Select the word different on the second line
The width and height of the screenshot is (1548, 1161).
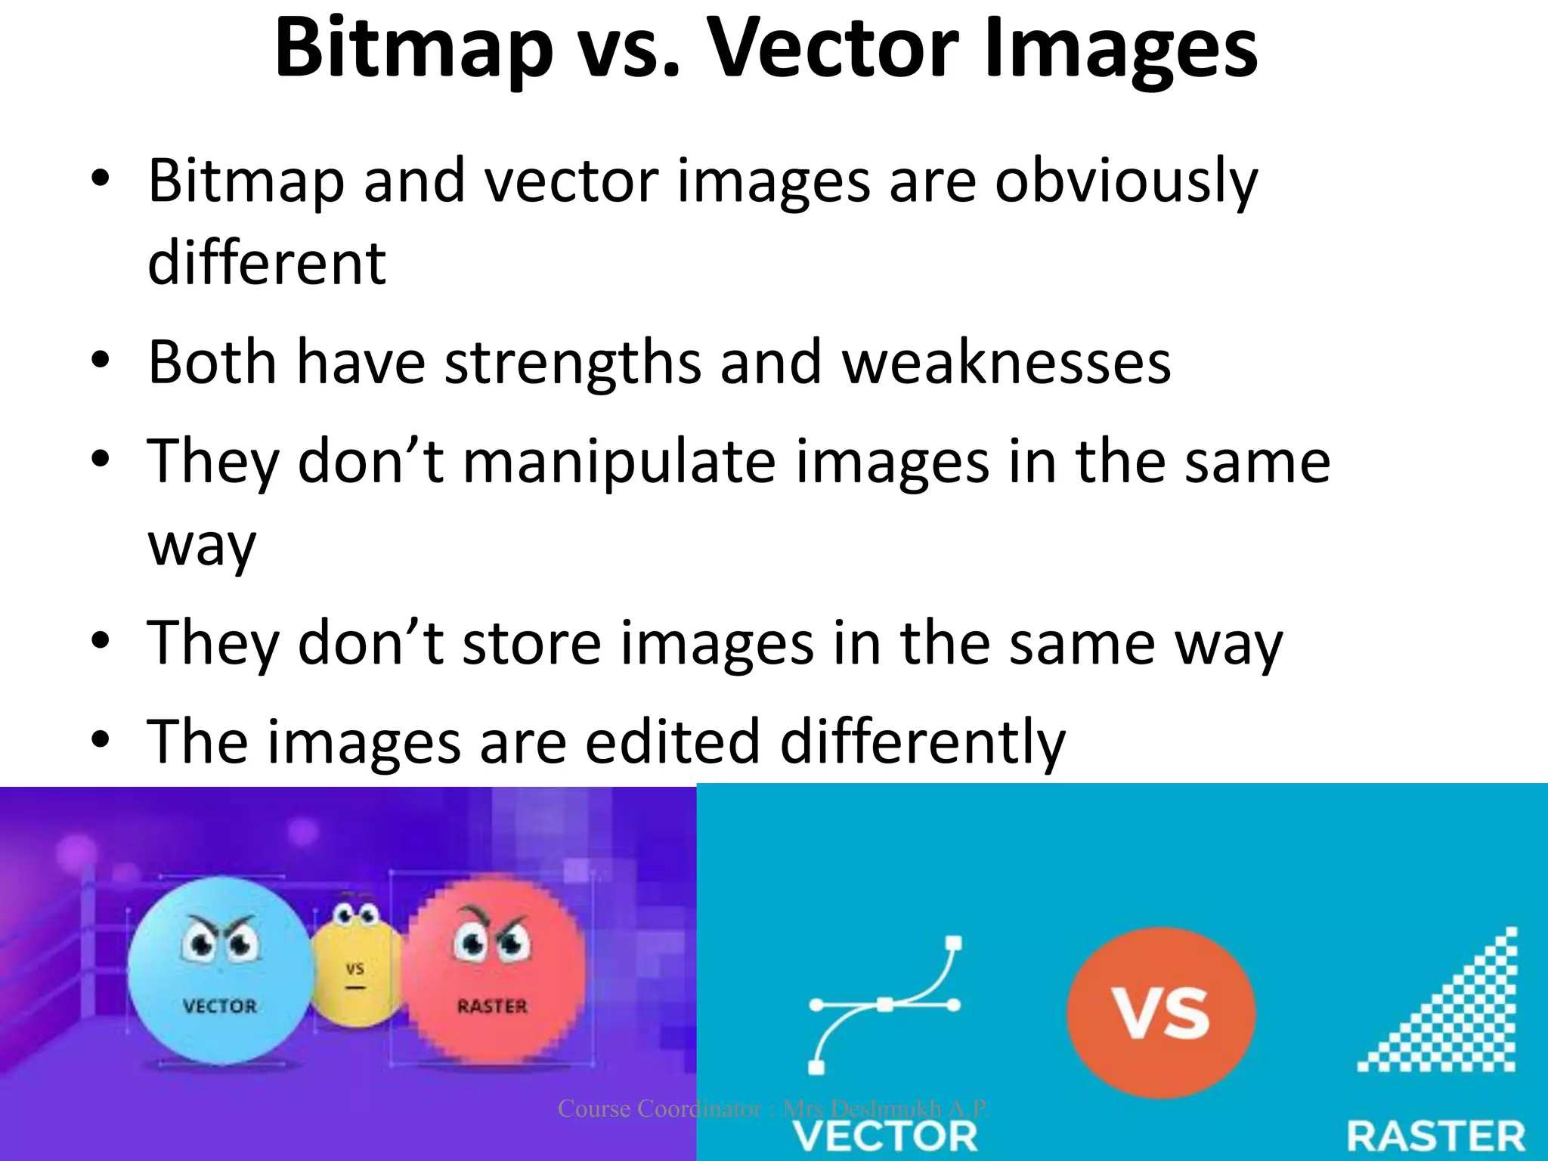267,262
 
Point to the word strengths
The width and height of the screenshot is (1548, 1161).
573,362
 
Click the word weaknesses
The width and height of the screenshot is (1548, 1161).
1006,362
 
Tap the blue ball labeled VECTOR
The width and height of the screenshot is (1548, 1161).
220,971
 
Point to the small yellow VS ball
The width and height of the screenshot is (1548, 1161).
356,964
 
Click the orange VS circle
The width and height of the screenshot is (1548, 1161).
1161,1013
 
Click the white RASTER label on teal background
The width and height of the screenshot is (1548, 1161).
1436,1136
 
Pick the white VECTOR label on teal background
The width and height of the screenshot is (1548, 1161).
884,1136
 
